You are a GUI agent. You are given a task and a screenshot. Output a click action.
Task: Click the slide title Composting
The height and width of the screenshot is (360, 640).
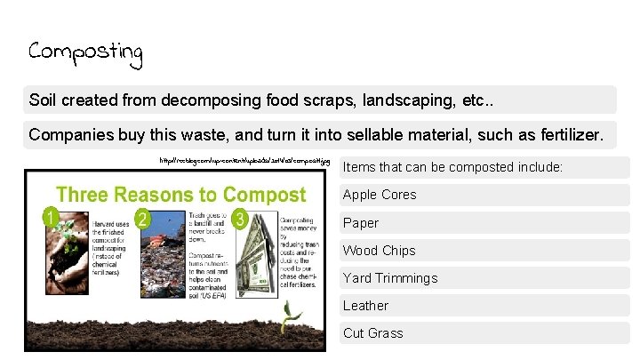(x=85, y=52)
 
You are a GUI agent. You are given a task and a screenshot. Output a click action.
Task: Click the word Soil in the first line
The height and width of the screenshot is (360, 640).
(x=44, y=100)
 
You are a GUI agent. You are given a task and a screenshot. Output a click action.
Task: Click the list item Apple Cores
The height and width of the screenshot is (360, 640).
(x=380, y=195)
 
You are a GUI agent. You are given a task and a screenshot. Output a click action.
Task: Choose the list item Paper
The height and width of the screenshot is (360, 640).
(x=361, y=223)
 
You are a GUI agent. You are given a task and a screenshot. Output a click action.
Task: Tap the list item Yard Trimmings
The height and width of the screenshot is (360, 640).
(x=390, y=278)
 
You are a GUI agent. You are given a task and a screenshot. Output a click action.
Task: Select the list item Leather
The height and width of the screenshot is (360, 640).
(x=365, y=306)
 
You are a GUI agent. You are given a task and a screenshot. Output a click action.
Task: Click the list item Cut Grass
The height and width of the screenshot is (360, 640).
(x=373, y=333)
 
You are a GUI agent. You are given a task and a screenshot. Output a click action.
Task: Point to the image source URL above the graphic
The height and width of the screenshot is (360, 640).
(x=244, y=162)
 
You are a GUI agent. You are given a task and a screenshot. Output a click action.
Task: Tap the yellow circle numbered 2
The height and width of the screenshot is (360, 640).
(x=142, y=218)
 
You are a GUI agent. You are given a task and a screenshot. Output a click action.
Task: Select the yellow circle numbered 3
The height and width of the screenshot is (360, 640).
(x=239, y=219)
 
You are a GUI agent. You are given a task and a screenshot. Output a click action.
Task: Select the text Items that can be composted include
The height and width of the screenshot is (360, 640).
(x=452, y=167)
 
